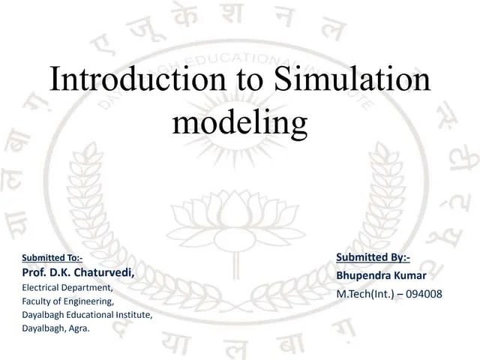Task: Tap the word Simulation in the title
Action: click(x=352, y=79)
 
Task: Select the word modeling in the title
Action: click(x=240, y=121)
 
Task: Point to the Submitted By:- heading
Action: click(x=373, y=258)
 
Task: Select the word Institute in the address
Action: click(x=132, y=314)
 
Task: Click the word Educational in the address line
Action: click(x=85, y=314)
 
